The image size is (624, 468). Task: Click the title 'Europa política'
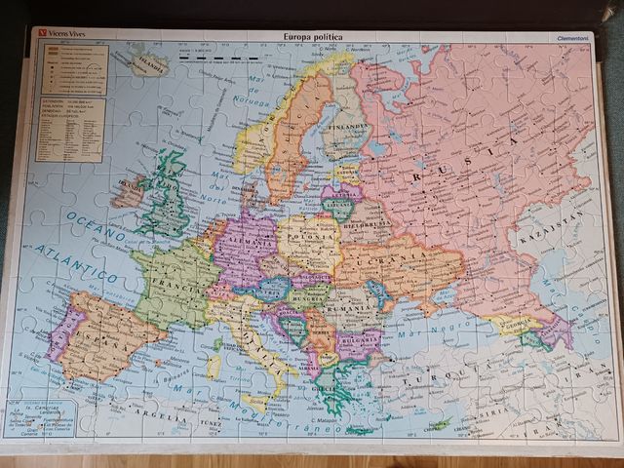(313, 36)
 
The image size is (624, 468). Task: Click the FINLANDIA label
(347, 126)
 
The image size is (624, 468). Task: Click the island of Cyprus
(442, 424)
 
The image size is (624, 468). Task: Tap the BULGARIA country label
(359, 342)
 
